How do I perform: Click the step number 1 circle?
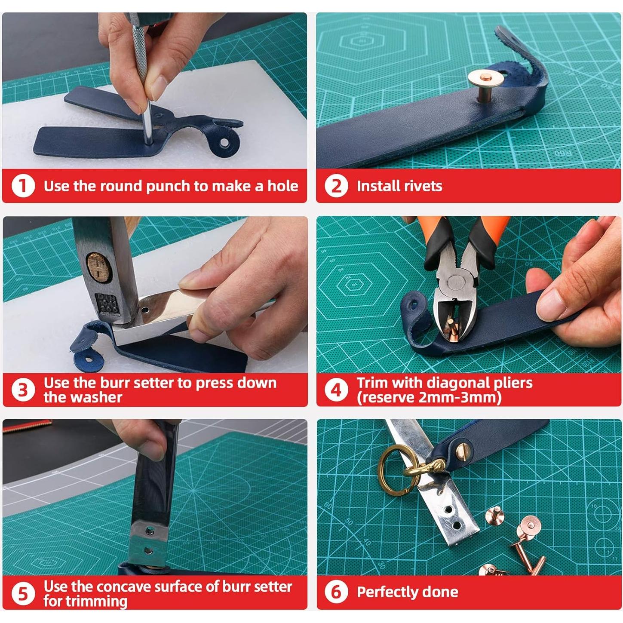click(23, 186)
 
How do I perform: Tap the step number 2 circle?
click(337, 186)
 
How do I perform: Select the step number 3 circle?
click(23, 390)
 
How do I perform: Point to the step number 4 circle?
click(337, 390)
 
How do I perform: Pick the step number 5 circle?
click(23, 594)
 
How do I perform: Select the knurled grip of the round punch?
click(140, 49)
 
